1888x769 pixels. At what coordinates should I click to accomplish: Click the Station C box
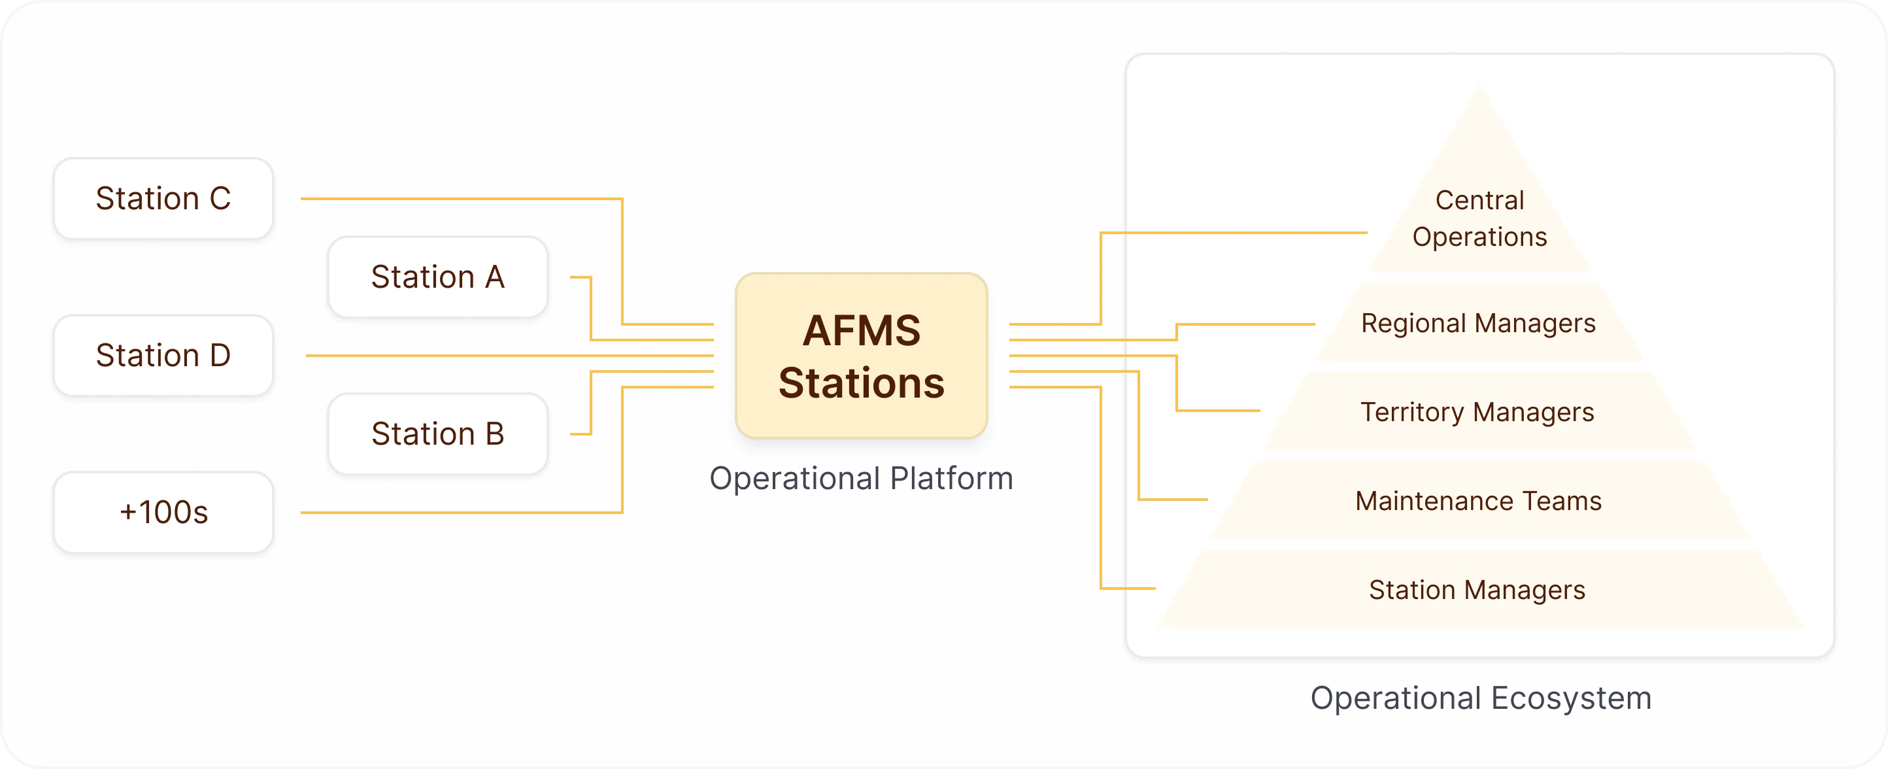tap(163, 198)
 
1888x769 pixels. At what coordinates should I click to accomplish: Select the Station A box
tap(437, 277)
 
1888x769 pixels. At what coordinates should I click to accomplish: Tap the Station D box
tap(163, 355)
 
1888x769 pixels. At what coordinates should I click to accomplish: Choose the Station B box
tap(437, 434)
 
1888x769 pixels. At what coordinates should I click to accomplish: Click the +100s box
tap(163, 512)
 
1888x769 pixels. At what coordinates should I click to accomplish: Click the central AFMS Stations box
tap(861, 356)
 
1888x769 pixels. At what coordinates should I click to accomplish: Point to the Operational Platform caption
tap(861, 478)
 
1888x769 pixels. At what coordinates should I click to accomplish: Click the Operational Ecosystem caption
tap(1481, 698)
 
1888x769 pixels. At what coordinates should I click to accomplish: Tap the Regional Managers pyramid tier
tap(1478, 323)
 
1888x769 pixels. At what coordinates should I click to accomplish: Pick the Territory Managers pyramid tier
tap(1477, 412)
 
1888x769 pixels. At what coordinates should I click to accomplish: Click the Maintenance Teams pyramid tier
tap(1478, 501)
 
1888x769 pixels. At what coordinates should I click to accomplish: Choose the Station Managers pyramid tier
tap(1477, 589)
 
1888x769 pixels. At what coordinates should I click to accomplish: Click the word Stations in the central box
tap(861, 383)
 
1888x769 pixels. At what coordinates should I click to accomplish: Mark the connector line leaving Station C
tap(462, 199)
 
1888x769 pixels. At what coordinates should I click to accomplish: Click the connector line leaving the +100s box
tap(462, 513)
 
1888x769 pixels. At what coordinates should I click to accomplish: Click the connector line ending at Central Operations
tap(1231, 233)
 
